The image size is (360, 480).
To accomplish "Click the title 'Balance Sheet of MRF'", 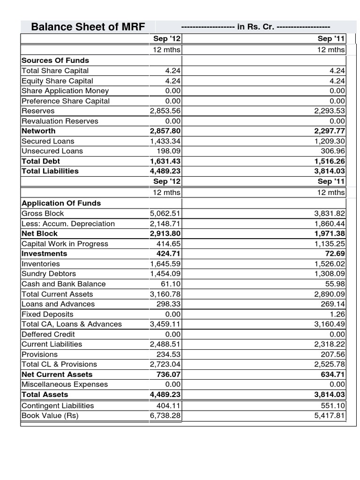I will tap(88, 27).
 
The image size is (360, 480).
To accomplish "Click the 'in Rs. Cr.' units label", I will tap(255, 27).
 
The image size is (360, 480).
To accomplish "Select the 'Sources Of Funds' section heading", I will tap(55, 60).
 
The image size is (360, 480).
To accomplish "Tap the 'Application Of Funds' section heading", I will tap(61, 203).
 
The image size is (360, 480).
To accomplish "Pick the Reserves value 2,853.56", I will tap(165, 111).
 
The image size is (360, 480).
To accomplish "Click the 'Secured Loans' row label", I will tap(48, 141).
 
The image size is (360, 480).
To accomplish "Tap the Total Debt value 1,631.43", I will tap(165, 161).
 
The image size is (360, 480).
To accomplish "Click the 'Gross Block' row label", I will tap(43, 213).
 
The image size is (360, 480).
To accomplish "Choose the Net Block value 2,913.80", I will tap(165, 233).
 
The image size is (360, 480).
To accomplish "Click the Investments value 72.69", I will tap(335, 254).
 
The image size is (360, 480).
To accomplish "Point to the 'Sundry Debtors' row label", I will tap(49, 274).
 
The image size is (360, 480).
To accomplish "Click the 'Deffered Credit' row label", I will tap(48, 334).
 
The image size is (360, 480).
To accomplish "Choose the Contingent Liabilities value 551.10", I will tap(333, 406).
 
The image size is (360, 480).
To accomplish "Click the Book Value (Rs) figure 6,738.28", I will tap(165, 416).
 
